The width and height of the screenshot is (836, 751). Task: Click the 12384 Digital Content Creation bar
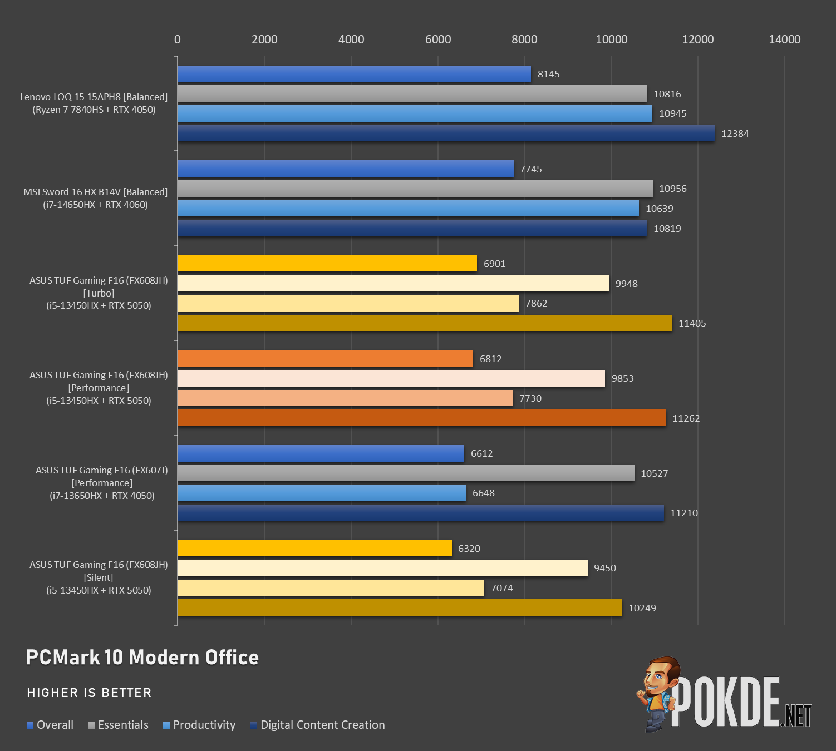(446, 134)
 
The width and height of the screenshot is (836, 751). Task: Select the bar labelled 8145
(354, 74)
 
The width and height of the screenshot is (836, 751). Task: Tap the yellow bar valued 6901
(327, 263)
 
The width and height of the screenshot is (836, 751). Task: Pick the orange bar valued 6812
(326, 358)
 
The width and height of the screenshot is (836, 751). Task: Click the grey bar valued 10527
(406, 473)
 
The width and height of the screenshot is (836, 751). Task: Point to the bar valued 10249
(400, 607)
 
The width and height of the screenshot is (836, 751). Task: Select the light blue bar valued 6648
(322, 493)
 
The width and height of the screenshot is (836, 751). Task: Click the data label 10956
(672, 189)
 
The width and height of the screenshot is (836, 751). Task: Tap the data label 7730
(530, 398)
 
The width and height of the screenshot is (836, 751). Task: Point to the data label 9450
(604, 568)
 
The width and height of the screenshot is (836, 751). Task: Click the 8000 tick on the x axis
(524, 39)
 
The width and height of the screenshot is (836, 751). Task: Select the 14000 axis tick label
(784, 39)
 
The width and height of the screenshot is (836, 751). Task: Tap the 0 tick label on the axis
(178, 39)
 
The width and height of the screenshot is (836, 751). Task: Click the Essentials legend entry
(118, 725)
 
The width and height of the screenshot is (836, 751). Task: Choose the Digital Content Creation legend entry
(318, 725)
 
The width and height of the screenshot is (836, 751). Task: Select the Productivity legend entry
(199, 725)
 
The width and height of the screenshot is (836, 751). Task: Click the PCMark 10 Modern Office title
(142, 658)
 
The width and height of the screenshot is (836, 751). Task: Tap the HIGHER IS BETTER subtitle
(89, 693)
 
